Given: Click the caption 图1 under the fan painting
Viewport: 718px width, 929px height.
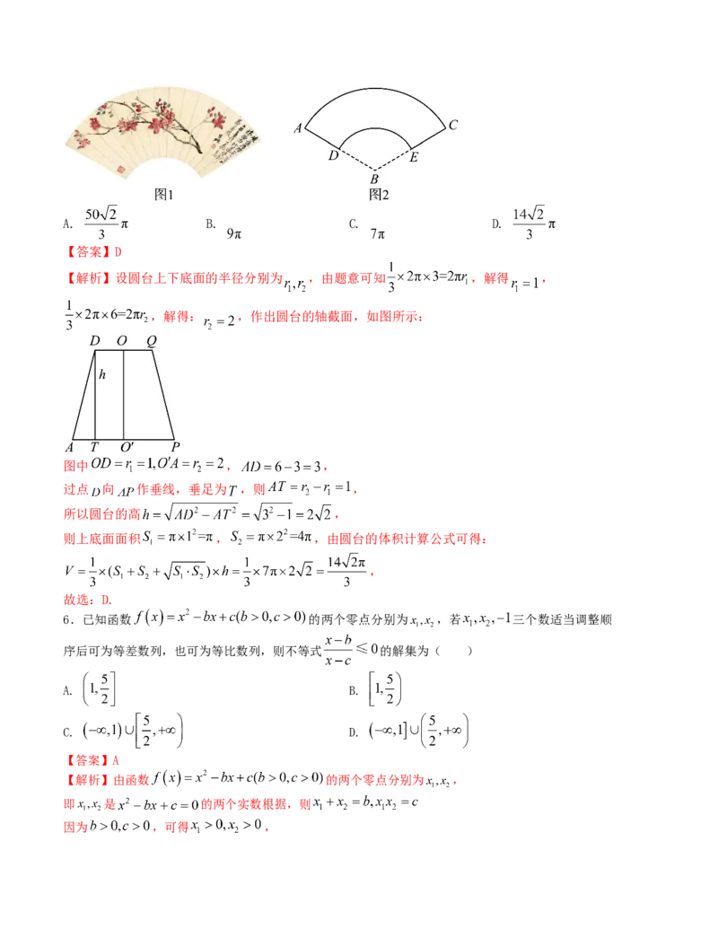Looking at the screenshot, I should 163,195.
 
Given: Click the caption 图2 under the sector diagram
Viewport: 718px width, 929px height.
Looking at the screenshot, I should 379,195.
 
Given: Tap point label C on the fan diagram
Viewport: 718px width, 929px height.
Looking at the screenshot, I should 453,125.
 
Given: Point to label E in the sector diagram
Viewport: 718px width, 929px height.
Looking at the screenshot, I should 414,157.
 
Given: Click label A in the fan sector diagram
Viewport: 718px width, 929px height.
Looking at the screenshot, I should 297,128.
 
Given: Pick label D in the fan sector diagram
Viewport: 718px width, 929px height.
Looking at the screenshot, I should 332,156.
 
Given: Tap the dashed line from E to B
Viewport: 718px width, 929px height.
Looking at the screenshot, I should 395,158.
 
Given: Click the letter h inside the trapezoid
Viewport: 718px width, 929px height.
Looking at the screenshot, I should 102,375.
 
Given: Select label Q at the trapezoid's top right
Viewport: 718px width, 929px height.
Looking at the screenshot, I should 152,340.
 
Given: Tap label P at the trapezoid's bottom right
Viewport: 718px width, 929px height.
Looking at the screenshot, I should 176,447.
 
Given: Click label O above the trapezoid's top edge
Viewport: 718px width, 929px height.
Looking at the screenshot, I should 122,340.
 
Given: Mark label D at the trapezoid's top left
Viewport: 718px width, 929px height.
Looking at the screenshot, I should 94,340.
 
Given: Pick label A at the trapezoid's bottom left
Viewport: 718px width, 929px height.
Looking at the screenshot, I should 69,447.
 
